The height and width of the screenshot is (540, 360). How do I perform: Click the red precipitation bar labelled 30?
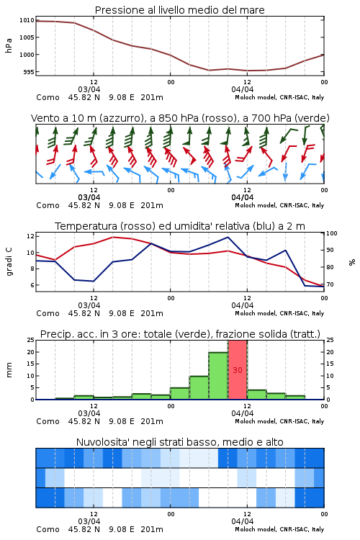[238, 370]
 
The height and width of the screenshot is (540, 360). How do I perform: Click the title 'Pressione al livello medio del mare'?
[179, 10]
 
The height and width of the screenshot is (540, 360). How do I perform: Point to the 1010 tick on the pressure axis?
[27, 20]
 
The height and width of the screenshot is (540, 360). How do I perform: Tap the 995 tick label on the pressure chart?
[29, 72]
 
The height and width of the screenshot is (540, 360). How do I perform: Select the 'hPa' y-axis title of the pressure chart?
[9, 45]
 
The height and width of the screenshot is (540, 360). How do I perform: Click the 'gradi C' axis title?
[9, 261]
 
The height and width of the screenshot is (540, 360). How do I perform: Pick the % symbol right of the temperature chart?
[352, 262]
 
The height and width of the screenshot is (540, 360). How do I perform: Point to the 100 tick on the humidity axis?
[331, 233]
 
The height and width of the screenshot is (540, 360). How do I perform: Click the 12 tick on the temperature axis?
[30, 236]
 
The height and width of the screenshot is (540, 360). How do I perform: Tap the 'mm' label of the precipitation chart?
[9, 370]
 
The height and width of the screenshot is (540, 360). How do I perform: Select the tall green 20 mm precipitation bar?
[218, 376]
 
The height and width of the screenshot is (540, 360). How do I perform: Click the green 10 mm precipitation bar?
[199, 388]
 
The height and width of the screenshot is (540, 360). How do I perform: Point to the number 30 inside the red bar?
[238, 370]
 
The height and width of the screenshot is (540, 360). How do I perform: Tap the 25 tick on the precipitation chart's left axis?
[31, 340]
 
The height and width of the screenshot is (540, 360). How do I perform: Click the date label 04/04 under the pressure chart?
[243, 89]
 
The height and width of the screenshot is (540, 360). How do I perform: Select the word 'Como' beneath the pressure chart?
[48, 97]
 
